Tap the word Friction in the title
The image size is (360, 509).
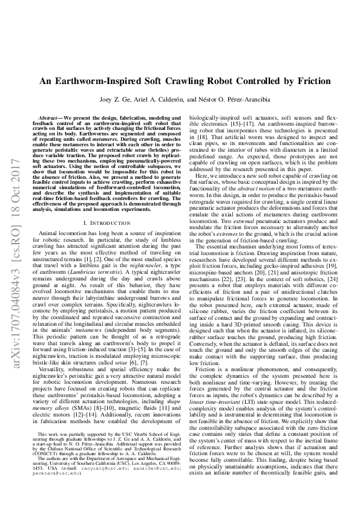pyautogui.click(x=309, y=82)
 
